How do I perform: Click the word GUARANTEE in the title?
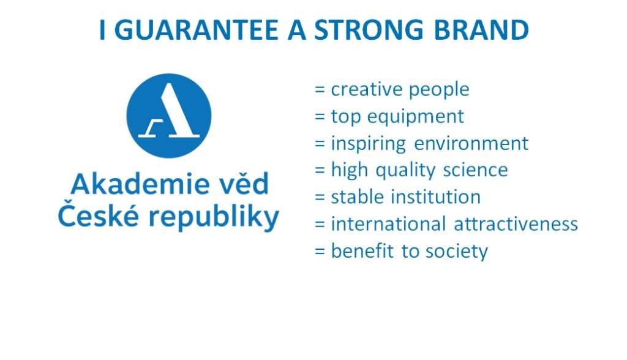[197, 29]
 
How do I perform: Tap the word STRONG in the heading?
[368, 29]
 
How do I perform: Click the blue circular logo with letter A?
[169, 116]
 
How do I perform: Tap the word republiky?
[214, 217]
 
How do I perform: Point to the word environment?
[471, 144]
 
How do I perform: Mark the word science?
[475, 170]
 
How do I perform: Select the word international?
[388, 223]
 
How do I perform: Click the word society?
[456, 252]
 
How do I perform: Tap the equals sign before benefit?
[320, 251]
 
